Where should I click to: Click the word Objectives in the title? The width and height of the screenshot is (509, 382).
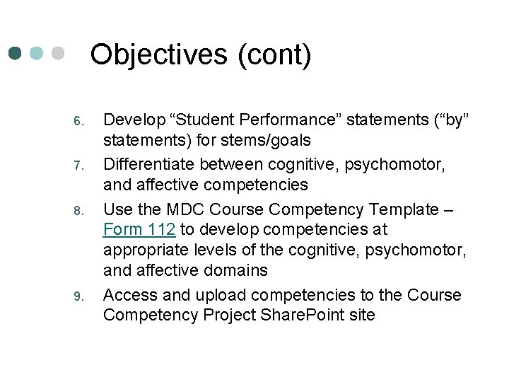point(160,55)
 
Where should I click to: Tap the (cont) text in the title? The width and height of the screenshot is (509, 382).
point(274,55)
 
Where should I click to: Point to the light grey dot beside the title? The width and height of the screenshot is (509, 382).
point(58,53)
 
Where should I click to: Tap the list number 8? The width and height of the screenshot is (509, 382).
point(79,210)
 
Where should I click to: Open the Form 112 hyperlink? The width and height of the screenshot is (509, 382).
point(139,230)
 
